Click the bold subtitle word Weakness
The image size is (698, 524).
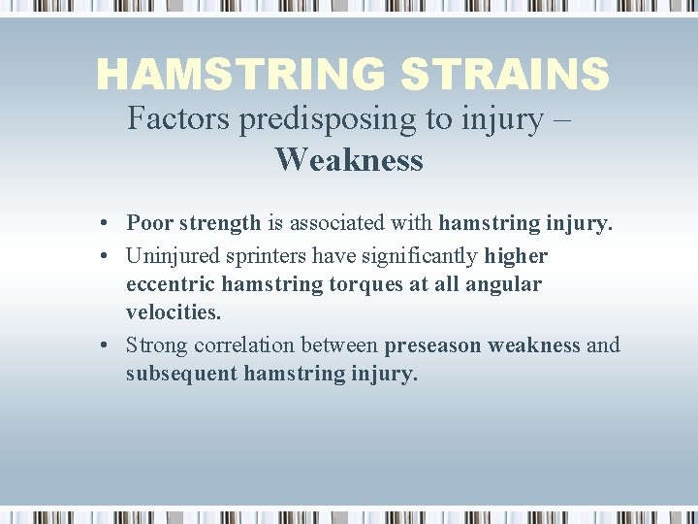coord(349,159)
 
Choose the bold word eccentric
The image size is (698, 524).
coord(170,284)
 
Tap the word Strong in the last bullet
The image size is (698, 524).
coord(156,345)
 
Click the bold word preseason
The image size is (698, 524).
coord(432,345)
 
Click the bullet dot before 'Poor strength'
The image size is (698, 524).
coord(102,223)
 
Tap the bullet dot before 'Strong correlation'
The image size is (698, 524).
coord(102,346)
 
